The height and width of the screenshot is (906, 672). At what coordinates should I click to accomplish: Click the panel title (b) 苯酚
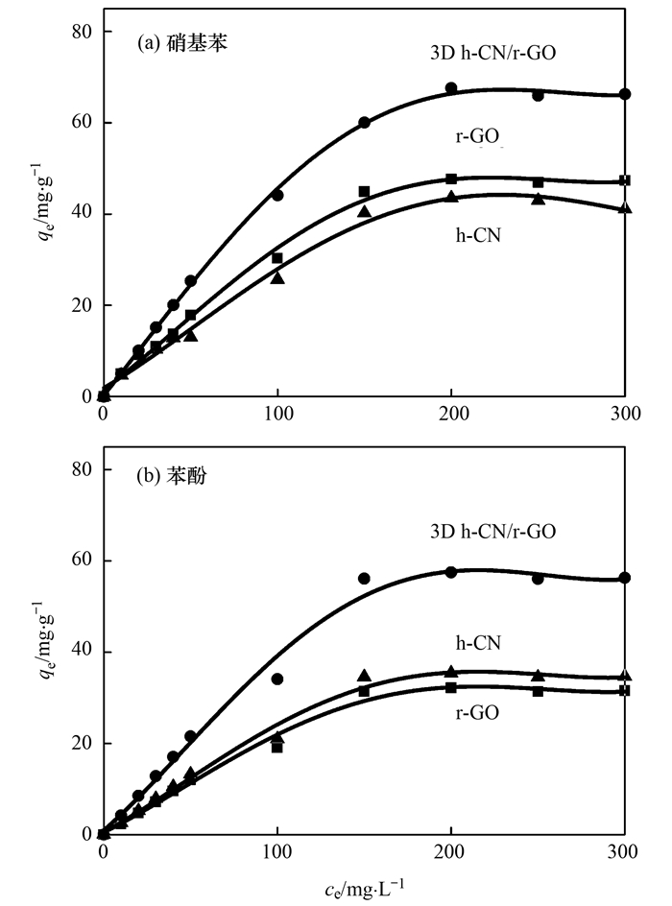coord(174,478)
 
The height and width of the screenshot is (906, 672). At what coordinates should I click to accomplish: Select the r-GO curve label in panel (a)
coord(477,136)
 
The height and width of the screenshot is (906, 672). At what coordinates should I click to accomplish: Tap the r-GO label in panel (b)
coord(477,712)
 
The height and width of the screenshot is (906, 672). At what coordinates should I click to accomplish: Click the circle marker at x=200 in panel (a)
coord(451,88)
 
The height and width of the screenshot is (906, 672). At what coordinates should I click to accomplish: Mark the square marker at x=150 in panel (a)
coord(364,192)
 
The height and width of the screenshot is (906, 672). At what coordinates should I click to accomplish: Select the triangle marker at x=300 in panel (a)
coord(625,207)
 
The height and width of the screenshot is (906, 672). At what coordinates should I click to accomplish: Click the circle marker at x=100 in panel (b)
coord(277,679)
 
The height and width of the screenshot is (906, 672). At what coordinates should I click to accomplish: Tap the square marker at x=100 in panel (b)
coord(277,747)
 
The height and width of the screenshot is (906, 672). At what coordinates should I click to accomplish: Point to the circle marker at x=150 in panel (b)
coord(364,578)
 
